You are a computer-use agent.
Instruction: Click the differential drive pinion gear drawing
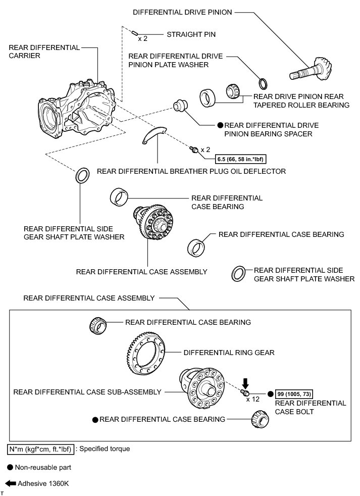311,70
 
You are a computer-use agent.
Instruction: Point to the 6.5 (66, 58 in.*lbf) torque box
241,157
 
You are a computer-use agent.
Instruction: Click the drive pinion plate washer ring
263,83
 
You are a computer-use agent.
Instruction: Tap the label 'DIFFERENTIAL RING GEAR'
229,353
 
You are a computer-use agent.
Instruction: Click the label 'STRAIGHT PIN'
191,35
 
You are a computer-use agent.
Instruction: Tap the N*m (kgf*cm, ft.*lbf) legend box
40,449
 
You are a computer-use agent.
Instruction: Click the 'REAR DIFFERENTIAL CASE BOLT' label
311,407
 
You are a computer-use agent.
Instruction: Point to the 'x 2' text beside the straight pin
143,38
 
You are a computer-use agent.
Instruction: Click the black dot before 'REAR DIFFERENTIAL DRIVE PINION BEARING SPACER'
220,125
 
